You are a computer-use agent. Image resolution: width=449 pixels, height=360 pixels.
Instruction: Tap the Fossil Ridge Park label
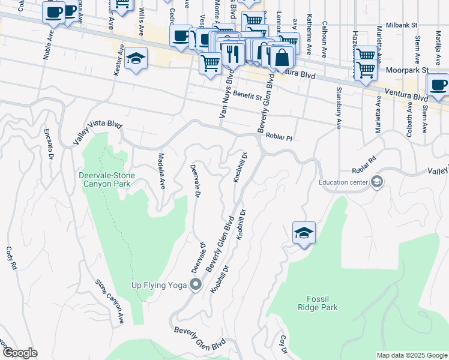318,304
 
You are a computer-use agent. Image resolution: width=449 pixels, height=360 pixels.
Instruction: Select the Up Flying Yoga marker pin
195,284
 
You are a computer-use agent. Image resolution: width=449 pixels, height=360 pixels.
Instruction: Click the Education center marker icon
377,182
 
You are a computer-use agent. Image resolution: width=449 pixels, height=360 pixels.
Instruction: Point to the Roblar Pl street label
279,137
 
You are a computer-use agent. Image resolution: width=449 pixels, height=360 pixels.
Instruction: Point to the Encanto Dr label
48,142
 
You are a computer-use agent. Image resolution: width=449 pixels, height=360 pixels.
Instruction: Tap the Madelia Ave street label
161,170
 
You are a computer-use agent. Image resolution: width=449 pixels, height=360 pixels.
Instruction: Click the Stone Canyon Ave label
109,301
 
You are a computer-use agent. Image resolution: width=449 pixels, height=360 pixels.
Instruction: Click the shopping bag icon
281,58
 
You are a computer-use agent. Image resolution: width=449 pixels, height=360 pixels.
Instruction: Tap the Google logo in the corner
19,353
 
